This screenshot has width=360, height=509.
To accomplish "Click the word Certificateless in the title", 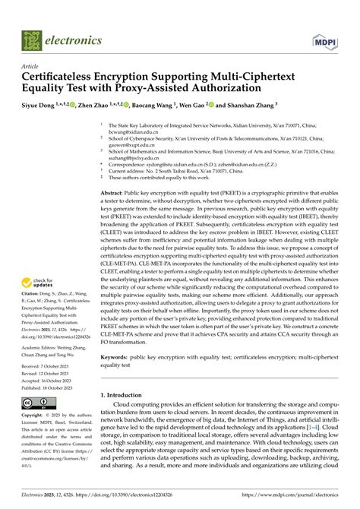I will pyautogui.click(x=64, y=77).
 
